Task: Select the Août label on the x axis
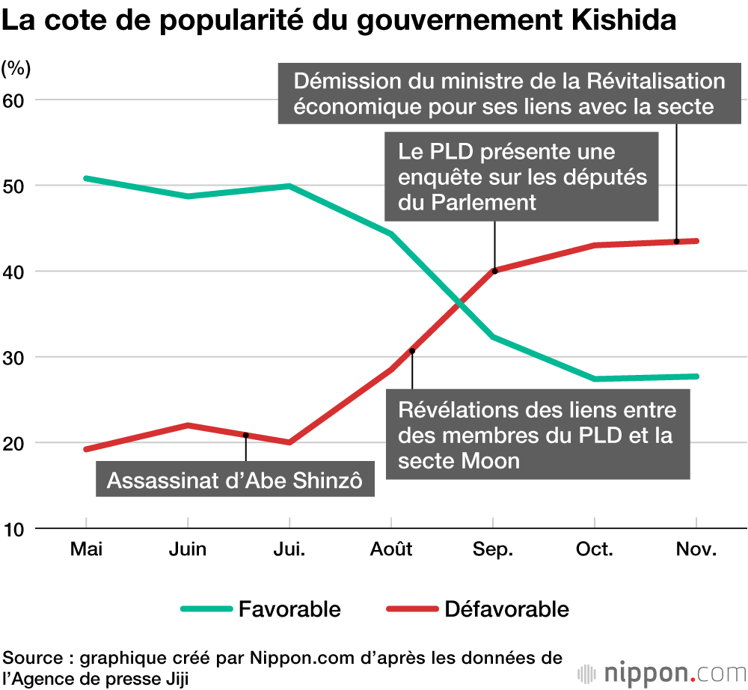pyautogui.click(x=391, y=550)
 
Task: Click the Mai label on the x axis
pyautogui.click(x=87, y=550)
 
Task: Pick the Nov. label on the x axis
pyautogui.click(x=696, y=550)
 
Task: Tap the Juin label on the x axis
pyautogui.click(x=188, y=550)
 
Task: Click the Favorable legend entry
pyautogui.click(x=289, y=609)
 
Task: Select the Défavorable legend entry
pyautogui.click(x=506, y=609)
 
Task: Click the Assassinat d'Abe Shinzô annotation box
pyautogui.click(x=235, y=480)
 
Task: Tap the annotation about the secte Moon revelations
pyautogui.click(x=537, y=435)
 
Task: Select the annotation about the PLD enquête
pyautogui.click(x=522, y=177)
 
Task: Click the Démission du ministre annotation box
pyautogui.click(x=509, y=94)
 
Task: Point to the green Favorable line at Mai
pyautogui.click(x=87, y=178)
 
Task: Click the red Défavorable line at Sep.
pyautogui.click(x=494, y=270)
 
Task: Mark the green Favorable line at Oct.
pyautogui.click(x=595, y=379)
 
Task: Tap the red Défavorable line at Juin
pyautogui.click(x=188, y=425)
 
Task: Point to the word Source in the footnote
pyautogui.click(x=33, y=659)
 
